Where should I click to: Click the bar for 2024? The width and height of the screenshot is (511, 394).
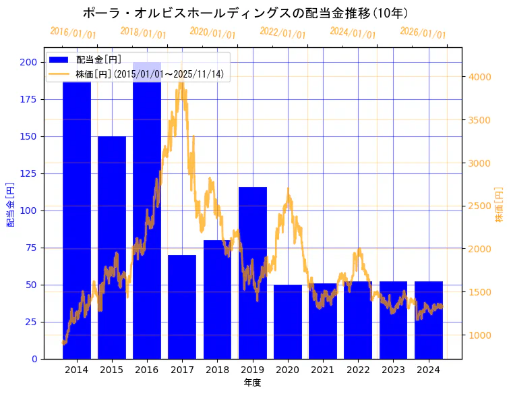429,320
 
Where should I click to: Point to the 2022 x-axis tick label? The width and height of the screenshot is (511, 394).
358,370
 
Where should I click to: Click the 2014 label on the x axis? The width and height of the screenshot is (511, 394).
77,370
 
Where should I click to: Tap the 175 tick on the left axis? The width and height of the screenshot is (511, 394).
29,99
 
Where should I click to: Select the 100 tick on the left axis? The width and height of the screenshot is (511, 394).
29,210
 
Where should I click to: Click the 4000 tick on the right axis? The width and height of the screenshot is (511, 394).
481,77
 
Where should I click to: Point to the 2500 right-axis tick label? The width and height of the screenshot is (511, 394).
481,206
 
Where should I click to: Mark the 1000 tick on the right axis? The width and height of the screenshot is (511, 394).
481,335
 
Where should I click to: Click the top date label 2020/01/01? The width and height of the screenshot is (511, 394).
212,33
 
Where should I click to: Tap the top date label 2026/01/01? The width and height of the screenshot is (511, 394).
423,33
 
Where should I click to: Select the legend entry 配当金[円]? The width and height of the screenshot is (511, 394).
98,60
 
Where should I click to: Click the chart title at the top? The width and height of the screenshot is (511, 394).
245,13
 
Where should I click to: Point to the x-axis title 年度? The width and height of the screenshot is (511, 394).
253,383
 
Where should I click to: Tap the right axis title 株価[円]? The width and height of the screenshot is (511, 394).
500,204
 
